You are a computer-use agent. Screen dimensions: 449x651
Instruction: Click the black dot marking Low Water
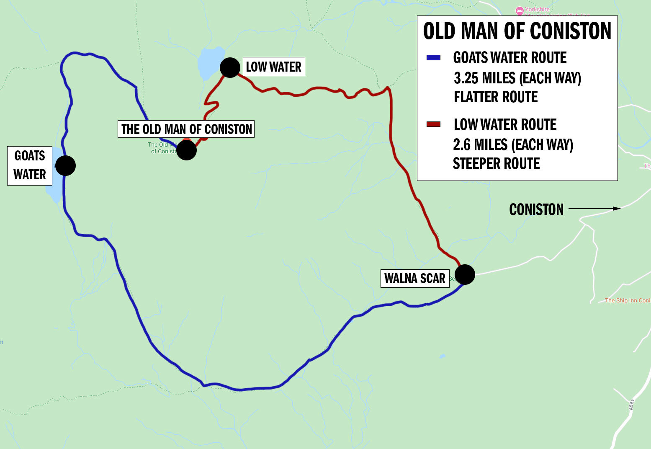(x=230, y=67)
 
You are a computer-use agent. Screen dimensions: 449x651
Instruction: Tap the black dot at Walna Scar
(x=465, y=275)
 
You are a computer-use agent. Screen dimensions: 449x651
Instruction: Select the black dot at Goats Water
(x=65, y=165)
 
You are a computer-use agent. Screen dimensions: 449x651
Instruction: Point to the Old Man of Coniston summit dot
(x=186, y=150)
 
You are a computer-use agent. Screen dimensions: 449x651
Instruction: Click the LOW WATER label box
(x=274, y=67)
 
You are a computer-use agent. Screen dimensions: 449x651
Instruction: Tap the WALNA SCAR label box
(x=414, y=279)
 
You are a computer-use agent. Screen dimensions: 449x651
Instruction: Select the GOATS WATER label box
(x=30, y=165)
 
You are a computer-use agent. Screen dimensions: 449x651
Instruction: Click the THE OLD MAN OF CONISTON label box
(x=186, y=129)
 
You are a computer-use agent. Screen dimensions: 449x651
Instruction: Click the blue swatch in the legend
(x=433, y=58)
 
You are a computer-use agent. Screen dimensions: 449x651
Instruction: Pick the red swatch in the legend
(x=433, y=124)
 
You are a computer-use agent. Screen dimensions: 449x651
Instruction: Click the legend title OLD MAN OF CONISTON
(x=517, y=31)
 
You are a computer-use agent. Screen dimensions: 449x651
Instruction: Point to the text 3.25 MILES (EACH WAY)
(x=517, y=78)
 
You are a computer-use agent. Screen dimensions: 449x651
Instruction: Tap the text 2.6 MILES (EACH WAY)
(x=513, y=145)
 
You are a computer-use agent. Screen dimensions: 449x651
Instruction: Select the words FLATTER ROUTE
(x=496, y=97)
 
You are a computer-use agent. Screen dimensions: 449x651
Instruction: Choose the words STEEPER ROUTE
(x=496, y=163)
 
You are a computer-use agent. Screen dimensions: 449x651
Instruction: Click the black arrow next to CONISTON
(x=594, y=208)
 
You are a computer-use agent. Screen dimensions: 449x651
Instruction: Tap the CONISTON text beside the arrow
(x=536, y=209)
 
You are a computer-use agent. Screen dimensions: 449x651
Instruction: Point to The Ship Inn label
(x=627, y=300)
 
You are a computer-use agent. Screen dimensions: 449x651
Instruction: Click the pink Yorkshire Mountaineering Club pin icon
(x=520, y=10)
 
